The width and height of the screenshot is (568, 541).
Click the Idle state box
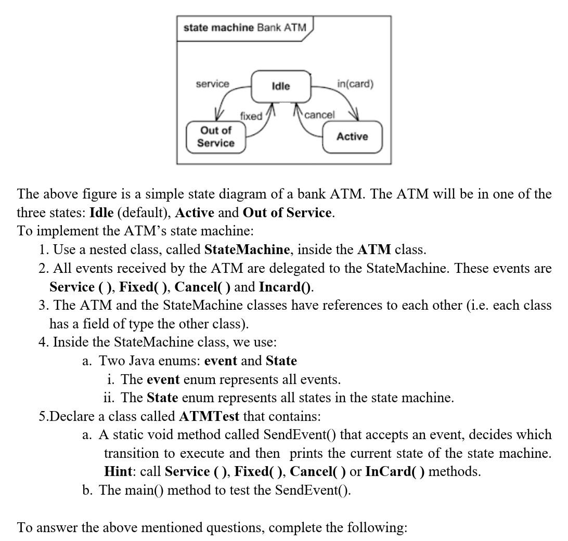point(281,86)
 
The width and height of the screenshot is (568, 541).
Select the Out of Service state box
point(216,137)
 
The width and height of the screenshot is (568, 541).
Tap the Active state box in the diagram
point(352,137)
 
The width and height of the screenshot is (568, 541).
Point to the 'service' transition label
point(212,84)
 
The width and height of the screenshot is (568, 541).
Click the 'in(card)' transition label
point(355,84)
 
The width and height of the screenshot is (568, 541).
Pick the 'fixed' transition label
point(251,116)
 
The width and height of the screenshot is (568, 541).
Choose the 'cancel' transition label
point(319,115)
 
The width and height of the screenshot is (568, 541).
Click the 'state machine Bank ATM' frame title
point(245,27)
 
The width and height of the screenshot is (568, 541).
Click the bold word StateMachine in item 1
point(247,249)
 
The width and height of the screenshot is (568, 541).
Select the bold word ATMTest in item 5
point(209,416)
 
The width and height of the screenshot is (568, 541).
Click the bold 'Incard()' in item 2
point(286,286)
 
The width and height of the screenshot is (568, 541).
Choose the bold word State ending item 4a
point(281,361)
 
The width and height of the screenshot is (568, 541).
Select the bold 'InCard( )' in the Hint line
point(395,471)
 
